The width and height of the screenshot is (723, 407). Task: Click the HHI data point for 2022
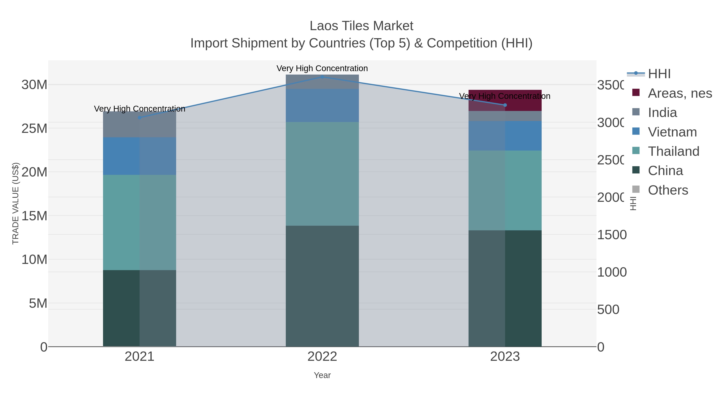(322, 77)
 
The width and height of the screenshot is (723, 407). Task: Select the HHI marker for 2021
(140, 117)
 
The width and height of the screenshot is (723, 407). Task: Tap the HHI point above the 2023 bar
(505, 105)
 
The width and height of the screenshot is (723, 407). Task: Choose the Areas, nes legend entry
(679, 93)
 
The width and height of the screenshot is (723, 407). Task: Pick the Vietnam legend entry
(672, 132)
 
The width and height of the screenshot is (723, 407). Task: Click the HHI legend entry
(659, 74)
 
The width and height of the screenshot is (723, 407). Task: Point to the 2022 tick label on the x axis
(322, 357)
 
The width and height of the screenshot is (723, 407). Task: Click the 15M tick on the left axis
(34, 216)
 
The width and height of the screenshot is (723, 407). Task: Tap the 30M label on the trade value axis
(34, 85)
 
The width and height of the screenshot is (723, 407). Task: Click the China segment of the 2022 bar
(322, 286)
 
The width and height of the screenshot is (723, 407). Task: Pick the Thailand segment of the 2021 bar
(140, 222)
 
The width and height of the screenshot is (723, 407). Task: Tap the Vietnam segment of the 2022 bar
(322, 106)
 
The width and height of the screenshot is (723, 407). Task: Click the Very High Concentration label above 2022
(322, 68)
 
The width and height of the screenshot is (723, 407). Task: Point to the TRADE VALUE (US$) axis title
(15, 203)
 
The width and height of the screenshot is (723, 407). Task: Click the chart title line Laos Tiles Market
(361, 26)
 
